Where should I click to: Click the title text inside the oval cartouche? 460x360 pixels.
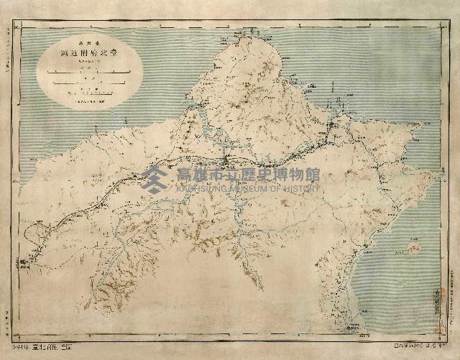pos(89,55)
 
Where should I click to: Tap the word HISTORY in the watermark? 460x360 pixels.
pos(300,188)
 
